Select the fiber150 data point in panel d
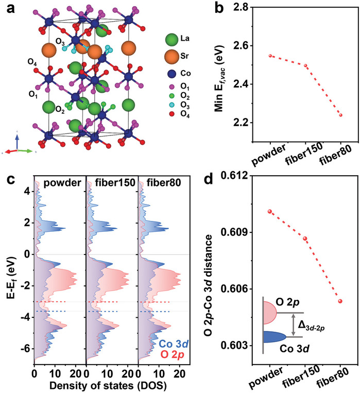tap(305, 238)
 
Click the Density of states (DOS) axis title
tap(101, 386)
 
